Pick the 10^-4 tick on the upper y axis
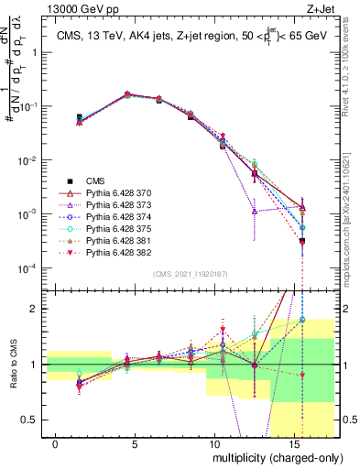24,268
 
